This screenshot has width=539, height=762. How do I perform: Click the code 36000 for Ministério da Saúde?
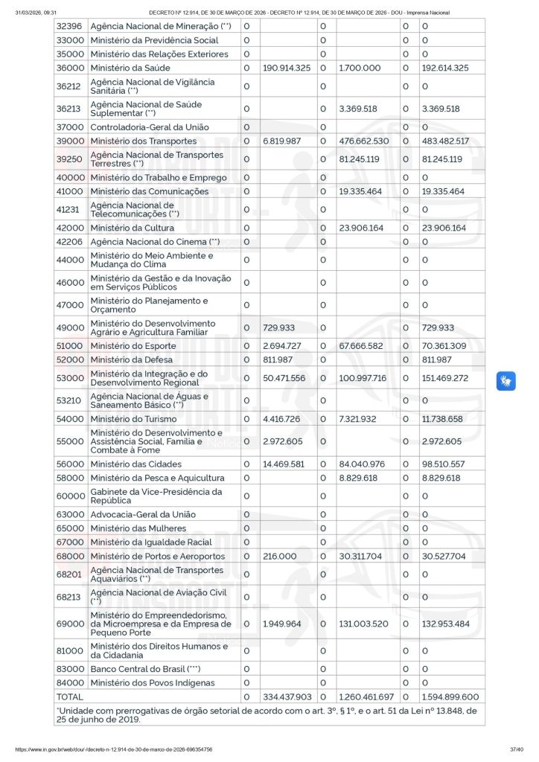click(x=70, y=68)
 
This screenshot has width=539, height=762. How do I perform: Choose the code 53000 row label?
click(x=70, y=378)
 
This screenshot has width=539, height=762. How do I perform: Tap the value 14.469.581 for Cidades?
click(x=284, y=464)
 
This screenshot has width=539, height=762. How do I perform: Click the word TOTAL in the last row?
click(x=70, y=697)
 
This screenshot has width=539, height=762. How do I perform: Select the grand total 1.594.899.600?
click(x=450, y=697)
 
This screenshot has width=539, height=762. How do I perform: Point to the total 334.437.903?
click(x=287, y=697)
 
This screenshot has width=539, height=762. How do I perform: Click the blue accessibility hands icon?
click(x=506, y=381)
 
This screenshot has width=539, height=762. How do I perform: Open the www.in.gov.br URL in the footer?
click(x=113, y=749)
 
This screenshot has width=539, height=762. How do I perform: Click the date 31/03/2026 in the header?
click(x=36, y=13)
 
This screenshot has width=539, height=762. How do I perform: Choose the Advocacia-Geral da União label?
click(x=142, y=514)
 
